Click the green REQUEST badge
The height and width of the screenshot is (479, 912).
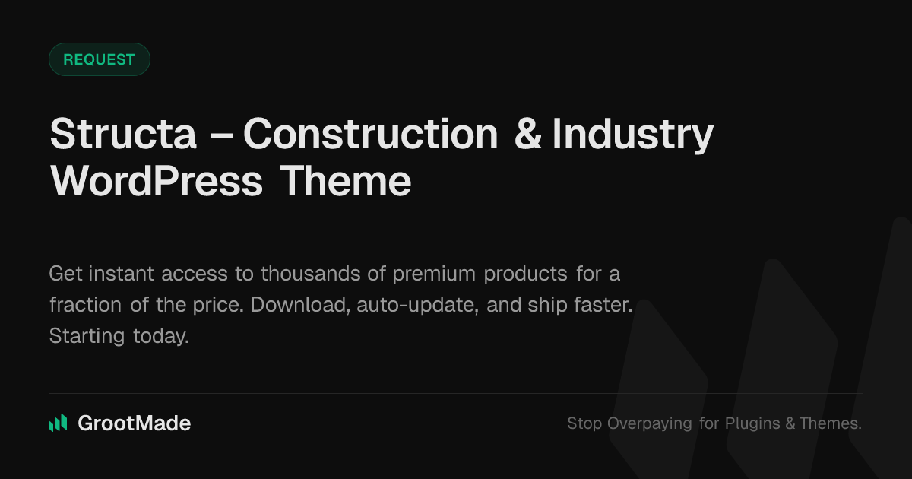pos(100,59)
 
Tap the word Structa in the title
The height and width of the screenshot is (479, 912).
pos(123,134)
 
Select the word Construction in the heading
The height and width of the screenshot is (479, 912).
pos(371,134)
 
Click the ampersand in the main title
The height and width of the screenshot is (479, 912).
pos(528,134)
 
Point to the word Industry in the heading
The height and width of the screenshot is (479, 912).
pos(632,135)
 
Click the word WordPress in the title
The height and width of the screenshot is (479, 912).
pos(157,181)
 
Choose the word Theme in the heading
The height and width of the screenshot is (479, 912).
pos(346,181)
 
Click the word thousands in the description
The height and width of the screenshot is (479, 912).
pos(311,273)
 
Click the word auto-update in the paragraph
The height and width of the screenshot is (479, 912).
pos(417,306)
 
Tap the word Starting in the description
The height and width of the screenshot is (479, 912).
pos(87,337)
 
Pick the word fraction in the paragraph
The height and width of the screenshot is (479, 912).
pos(85,305)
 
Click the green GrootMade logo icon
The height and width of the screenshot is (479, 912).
pos(58,423)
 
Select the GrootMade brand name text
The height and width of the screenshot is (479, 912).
pos(135,423)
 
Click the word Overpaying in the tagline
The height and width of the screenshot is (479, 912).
pos(649,424)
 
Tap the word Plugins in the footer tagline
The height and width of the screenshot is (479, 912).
pos(752,424)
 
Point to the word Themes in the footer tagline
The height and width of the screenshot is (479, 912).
pos(831,423)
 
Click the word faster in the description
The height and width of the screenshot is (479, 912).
pos(603,305)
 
